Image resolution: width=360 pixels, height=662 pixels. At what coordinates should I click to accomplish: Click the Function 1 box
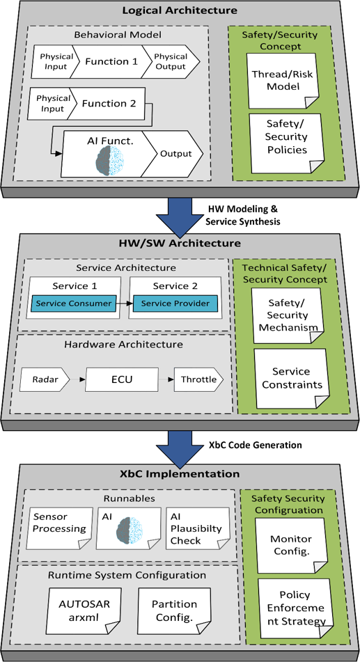coord(111,62)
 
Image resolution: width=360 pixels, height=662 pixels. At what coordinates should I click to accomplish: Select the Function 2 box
coord(109,103)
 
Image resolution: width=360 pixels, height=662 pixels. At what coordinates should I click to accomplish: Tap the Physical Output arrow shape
coord(171,62)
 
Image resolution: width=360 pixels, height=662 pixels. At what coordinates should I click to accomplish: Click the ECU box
coord(122,379)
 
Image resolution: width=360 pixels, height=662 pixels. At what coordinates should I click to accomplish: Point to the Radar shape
coord(45,379)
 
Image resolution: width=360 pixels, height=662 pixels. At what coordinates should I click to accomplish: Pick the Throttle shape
coord(198,379)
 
